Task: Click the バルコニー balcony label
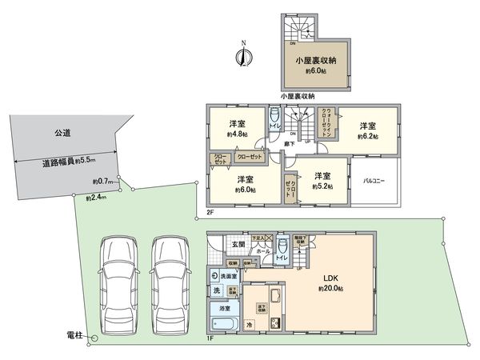(x=373, y=181)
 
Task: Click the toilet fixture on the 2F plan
(x=274, y=114)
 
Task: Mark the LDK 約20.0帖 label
(x=330, y=282)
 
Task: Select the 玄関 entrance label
(x=238, y=244)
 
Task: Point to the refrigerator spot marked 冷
(x=249, y=325)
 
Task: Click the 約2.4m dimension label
(x=95, y=197)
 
